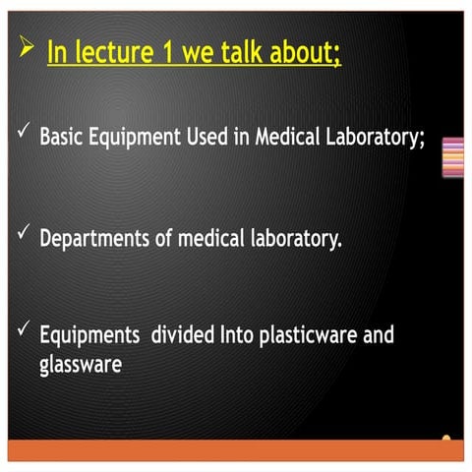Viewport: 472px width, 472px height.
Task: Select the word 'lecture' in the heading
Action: [x=112, y=53]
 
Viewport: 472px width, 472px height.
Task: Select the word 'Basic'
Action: [x=62, y=137]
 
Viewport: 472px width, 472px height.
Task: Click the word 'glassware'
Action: [x=81, y=365]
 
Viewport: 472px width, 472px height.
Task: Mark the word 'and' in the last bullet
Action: [x=379, y=335]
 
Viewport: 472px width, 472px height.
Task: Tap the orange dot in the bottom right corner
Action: [x=446, y=439]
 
